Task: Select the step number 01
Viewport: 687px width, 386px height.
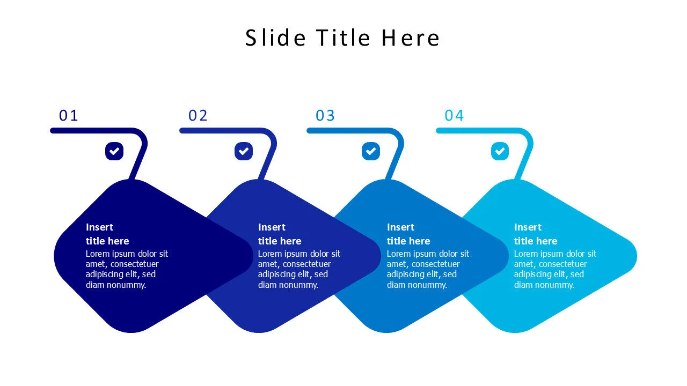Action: [69, 115]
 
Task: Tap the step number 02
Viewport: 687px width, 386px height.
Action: [198, 115]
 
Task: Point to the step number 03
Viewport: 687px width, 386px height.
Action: [325, 115]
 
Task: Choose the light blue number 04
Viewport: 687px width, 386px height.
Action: [454, 115]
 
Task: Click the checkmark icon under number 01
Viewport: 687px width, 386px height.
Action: [114, 151]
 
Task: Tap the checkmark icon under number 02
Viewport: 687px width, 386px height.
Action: [244, 151]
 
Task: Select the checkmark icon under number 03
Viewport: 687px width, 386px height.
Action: [371, 151]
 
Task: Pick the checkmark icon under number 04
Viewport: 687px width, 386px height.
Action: [500, 151]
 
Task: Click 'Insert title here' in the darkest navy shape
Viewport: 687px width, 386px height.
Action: [107, 234]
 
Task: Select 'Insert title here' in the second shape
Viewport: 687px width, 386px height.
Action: [280, 234]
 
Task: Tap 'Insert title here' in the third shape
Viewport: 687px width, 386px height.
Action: [408, 234]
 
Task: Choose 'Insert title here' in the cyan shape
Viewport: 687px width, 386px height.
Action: [536, 234]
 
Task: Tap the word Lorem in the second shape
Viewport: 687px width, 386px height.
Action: [270, 254]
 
